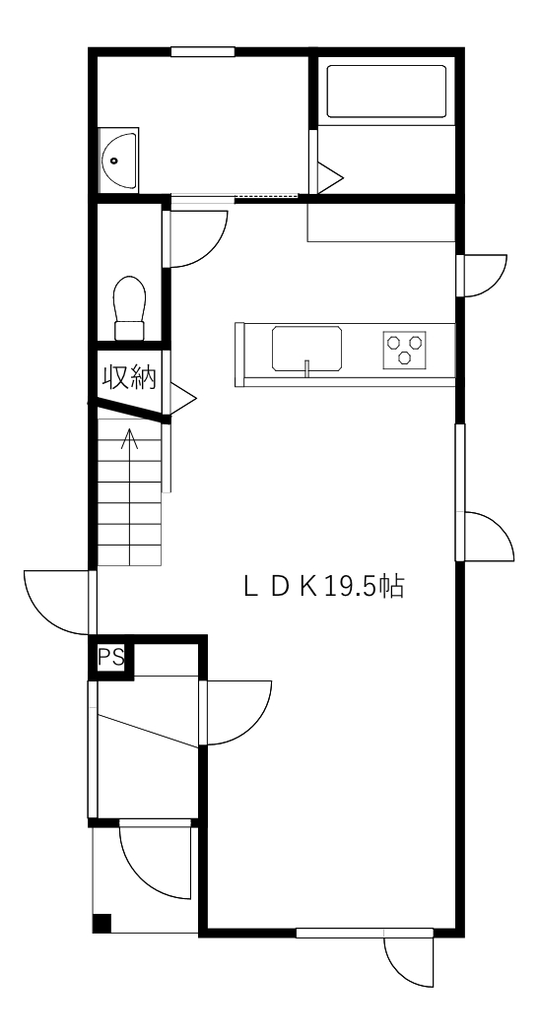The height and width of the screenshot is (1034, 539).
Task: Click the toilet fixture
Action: (129, 307)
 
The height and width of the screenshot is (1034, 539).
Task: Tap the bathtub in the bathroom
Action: (387, 91)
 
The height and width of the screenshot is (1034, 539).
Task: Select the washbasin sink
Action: (120, 161)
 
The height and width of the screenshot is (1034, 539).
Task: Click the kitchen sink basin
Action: (306, 348)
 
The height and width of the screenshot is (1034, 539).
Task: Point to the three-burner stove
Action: (405, 349)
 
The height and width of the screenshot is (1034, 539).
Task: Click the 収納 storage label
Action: (129, 377)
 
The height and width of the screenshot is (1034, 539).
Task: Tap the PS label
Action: (110, 658)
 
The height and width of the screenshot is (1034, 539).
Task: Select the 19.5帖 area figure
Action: (364, 586)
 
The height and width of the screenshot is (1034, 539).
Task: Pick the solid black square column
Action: (101, 924)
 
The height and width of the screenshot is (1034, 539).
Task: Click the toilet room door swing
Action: (198, 238)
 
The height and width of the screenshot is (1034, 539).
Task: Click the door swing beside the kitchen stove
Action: (486, 276)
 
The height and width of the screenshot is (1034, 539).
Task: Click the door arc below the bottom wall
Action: (409, 962)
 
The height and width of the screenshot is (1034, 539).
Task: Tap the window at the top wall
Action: (203, 51)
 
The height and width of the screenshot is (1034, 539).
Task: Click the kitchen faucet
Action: (306, 368)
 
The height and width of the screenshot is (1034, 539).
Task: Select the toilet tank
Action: (129, 330)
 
